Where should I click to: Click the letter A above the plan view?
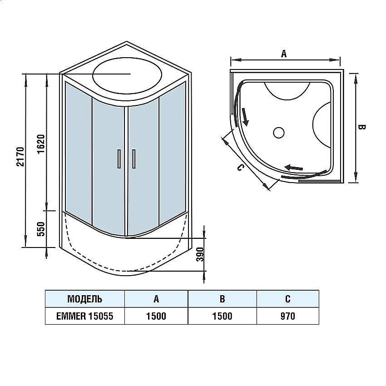[284, 54]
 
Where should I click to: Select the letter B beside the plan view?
[362, 127]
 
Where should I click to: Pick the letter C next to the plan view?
[240, 168]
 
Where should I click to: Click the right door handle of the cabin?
[134, 158]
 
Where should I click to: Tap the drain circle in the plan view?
[278, 133]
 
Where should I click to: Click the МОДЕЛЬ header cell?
[84, 299]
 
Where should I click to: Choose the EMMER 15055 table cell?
[84, 316]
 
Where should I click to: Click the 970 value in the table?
[287, 316]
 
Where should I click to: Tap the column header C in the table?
[287, 299]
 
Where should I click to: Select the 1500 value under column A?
[156, 316]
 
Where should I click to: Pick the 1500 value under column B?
[222, 316]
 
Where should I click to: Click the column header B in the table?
[222, 299]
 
